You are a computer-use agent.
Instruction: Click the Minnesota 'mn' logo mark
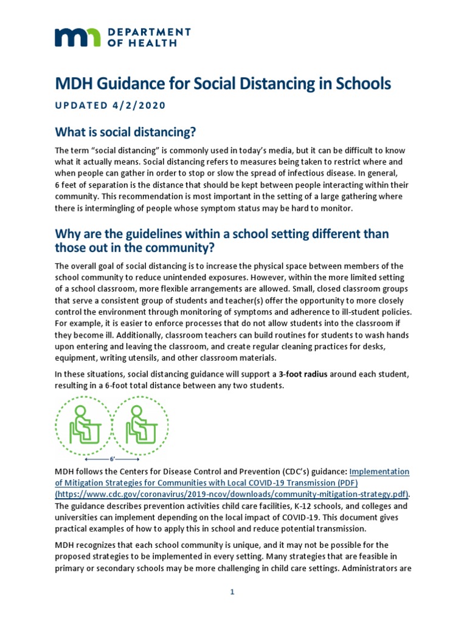(x=77, y=37)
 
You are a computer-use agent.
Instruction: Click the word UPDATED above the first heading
(x=80, y=104)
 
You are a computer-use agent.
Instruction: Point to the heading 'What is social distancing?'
(x=126, y=132)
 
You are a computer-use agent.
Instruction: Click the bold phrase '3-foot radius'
(x=303, y=375)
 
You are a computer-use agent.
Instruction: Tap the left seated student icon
(x=84, y=423)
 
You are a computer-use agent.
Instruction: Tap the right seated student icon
(x=140, y=423)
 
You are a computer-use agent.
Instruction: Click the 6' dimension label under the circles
(x=112, y=459)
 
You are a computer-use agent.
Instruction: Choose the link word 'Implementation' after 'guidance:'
(x=379, y=471)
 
